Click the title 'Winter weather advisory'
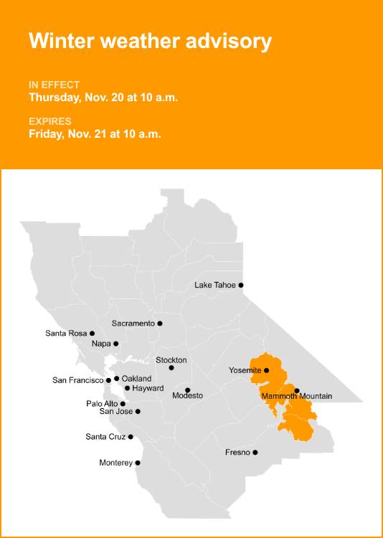pos(150,41)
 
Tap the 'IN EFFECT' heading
pos(54,85)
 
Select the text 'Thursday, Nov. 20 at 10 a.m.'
pos(103,97)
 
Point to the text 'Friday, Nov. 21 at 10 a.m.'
pos(95,133)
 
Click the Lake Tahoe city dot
pos(241,285)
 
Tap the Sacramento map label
pos(133,324)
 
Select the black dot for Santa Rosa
pos(92,334)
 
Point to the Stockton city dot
pos(171,368)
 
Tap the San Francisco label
pos(78,380)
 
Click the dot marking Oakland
pos(116,378)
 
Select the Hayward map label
pos(148,388)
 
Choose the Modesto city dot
pos(187,390)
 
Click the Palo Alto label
pos(102,404)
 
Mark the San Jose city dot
pos(138,412)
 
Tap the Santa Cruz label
pos(105,437)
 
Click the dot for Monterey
pos(138,463)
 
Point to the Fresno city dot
pos(255,453)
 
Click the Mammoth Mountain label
pos(297,397)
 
